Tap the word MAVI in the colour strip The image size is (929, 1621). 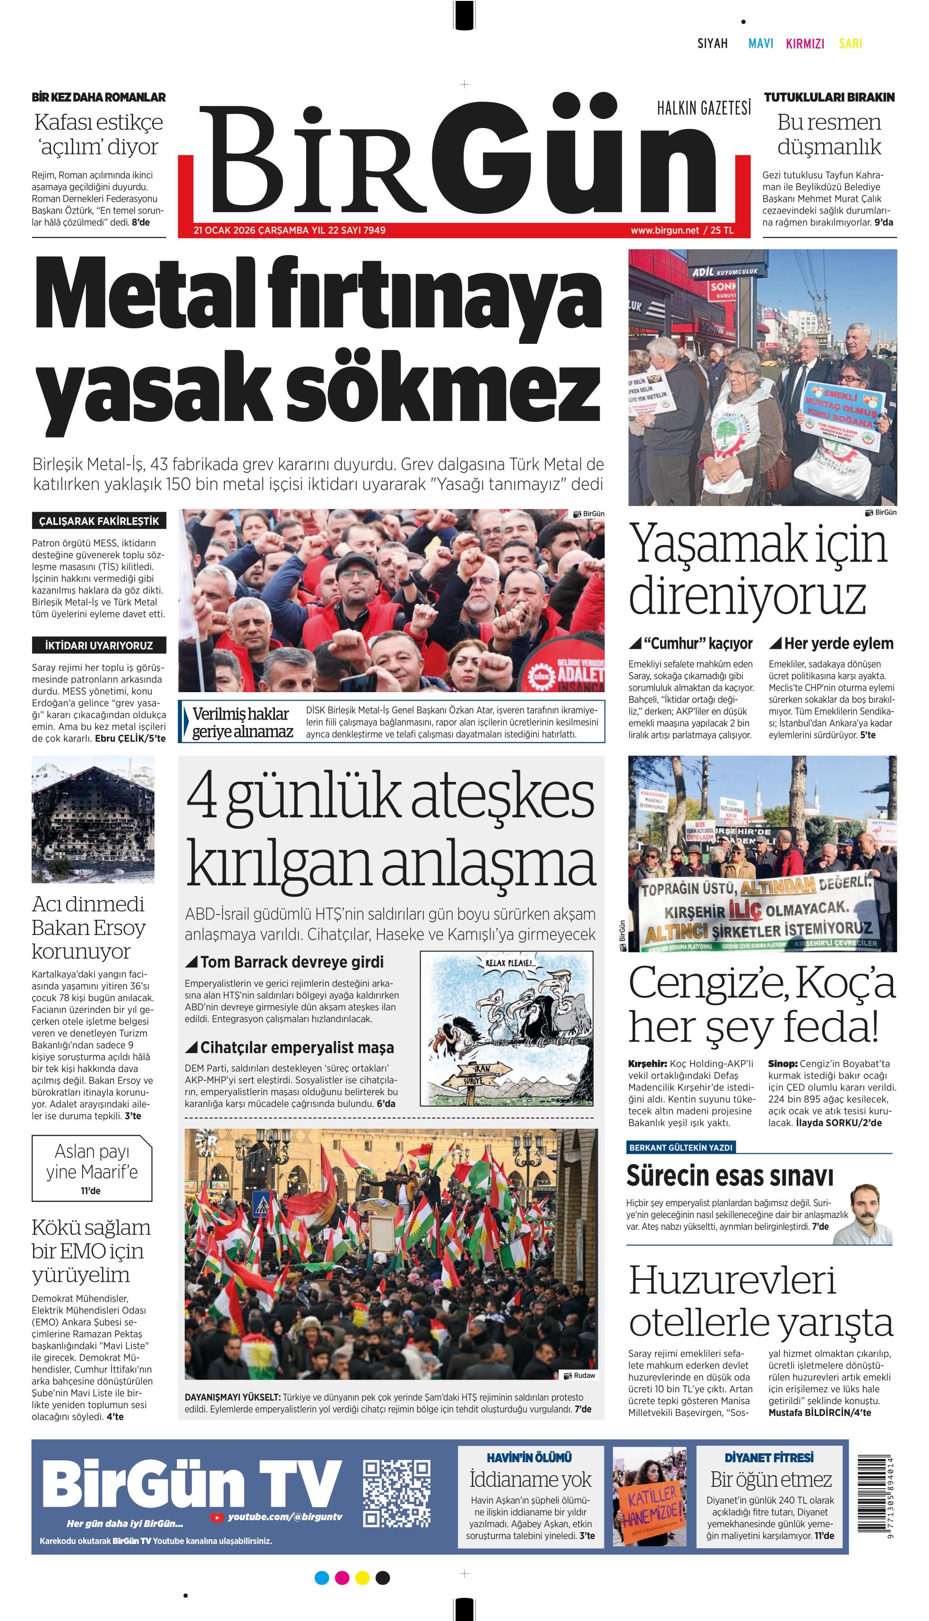(761, 43)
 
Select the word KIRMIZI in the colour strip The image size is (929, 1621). (805, 43)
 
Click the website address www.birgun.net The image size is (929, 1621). (664, 230)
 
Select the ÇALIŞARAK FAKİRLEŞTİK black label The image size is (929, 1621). (99, 521)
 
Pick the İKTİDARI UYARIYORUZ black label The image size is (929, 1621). (99, 645)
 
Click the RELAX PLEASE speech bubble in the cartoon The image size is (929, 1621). (511, 963)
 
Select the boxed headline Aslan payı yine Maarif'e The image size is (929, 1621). (92, 1168)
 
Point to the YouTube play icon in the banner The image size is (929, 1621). (217, 1518)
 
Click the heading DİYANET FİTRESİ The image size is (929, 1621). (769, 1457)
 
